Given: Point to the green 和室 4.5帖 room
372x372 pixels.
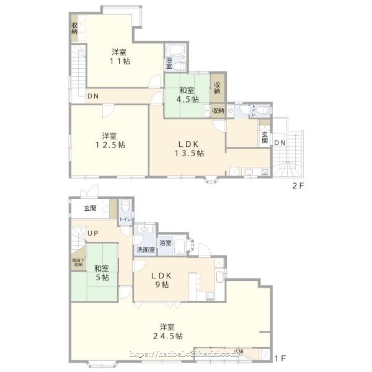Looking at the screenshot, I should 186,94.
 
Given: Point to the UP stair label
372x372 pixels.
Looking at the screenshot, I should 93,233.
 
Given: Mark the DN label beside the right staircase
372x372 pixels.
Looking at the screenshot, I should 280,143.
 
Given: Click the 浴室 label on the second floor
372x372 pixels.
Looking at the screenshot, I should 169,63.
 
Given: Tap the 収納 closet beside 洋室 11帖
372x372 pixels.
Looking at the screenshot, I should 74,28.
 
